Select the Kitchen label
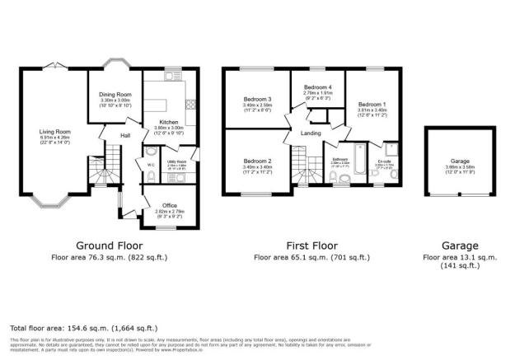(170, 122)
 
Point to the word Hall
(126, 135)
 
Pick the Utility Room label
(178, 161)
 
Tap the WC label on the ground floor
(151, 165)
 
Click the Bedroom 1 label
(372, 105)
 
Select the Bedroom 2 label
(258, 161)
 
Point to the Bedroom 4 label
(317, 87)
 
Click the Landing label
(311, 133)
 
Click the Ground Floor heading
(110, 245)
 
